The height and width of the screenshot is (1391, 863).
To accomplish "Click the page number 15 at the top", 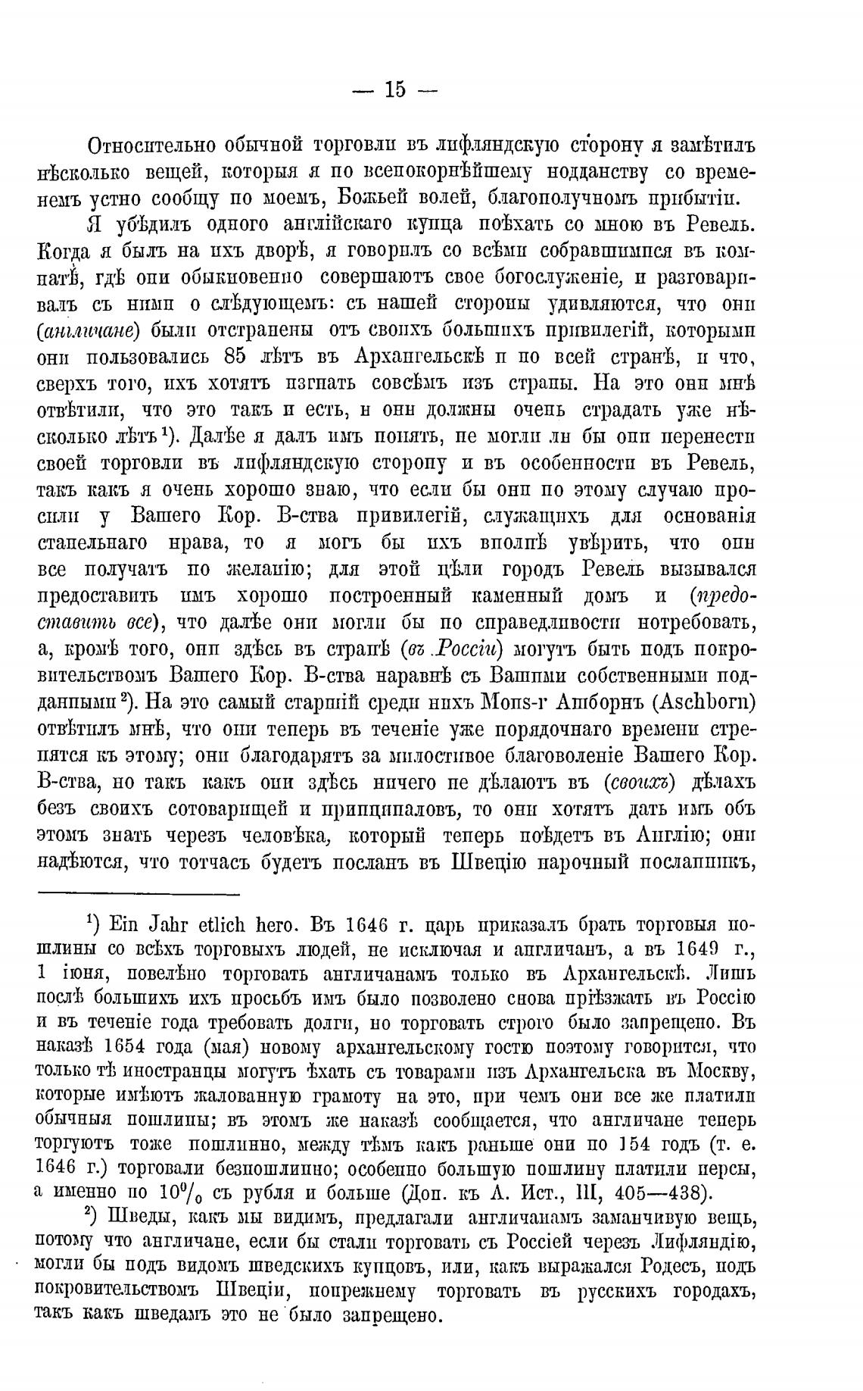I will pos(395,90).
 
